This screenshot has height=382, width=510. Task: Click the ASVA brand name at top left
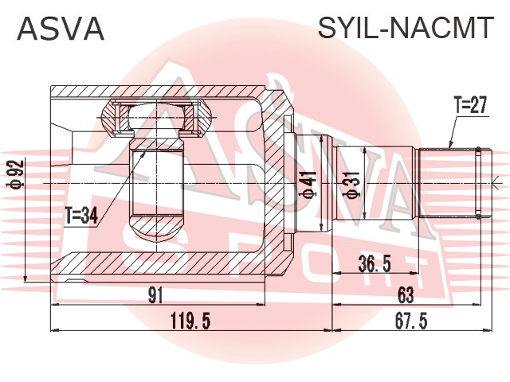coord(61,29)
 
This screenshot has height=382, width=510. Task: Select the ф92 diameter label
coord(16,173)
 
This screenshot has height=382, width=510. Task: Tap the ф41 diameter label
coord(308,185)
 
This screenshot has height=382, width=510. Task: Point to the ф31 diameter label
coord(351,184)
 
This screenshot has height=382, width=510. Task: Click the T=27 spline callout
coord(471,105)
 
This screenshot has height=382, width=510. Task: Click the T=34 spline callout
coord(81,216)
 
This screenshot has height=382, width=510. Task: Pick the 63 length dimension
coord(406,295)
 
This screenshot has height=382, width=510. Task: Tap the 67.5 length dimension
coord(411,321)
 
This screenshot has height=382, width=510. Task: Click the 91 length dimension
coord(155,295)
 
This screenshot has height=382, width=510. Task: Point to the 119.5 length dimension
coord(191,321)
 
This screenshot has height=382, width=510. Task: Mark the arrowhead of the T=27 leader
coord(449,146)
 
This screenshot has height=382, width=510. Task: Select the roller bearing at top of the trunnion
coord(157,119)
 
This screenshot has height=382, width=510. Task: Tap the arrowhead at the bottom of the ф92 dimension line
coord(25,279)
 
